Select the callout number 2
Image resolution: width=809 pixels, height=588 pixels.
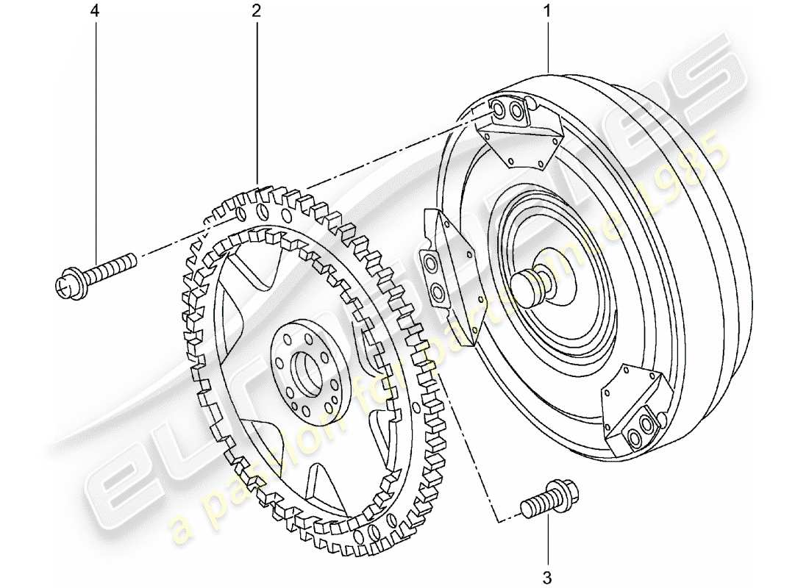point(257,12)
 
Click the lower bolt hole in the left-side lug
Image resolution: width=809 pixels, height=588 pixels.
point(438,293)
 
